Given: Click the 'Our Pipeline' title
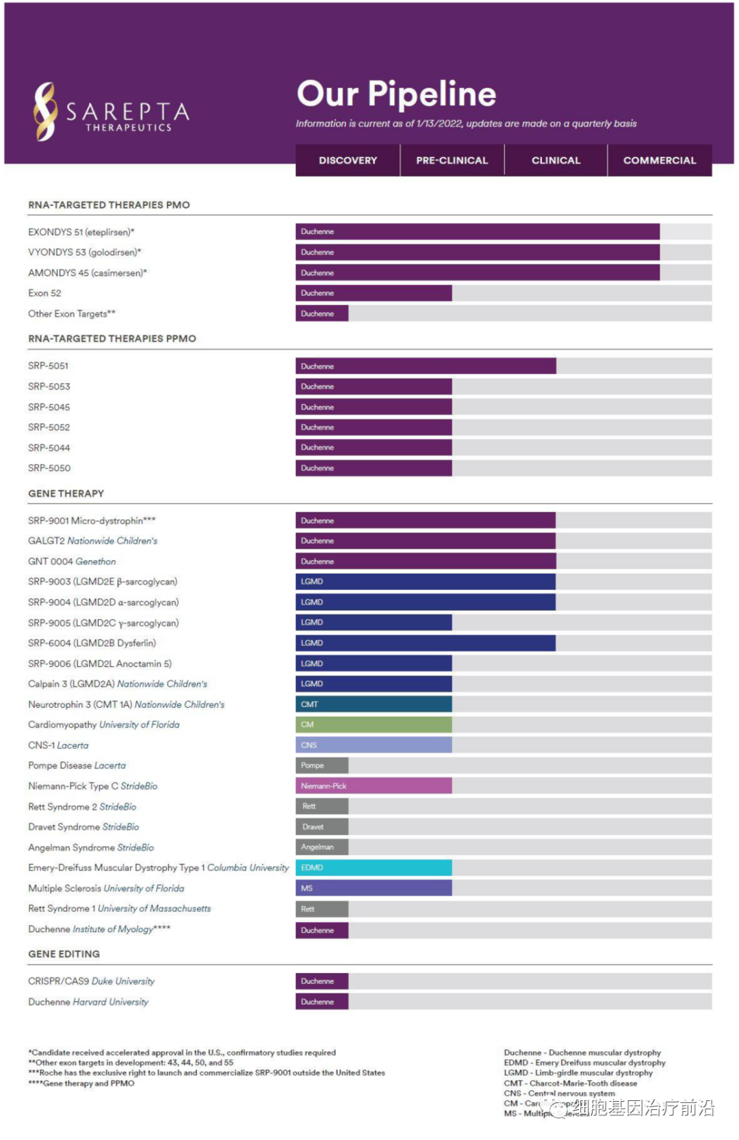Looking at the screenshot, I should coord(396,94).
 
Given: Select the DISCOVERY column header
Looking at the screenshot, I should coord(348,161).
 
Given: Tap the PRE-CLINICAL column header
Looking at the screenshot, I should coord(452,161).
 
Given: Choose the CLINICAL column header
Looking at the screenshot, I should coord(556,161).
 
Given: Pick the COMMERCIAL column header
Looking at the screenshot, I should coord(660,161).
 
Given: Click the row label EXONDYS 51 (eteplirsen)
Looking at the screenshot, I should coord(81,232).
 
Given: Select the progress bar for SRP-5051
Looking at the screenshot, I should coord(426,366).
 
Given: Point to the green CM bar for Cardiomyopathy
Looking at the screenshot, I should coord(374,724).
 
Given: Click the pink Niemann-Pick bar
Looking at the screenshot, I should coord(374,786).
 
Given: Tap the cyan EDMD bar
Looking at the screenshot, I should coord(374,868).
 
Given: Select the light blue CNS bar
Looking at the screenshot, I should coord(374,745).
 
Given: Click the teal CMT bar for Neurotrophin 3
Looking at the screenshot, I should coord(374,704).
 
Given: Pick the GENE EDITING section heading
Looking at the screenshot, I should coord(64,954).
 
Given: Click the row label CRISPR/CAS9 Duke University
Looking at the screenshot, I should coord(91,981).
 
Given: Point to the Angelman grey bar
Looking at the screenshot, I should coord(322,847).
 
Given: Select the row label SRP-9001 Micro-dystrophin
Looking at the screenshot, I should coord(92,520).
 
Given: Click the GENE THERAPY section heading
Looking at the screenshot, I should coord(66,494).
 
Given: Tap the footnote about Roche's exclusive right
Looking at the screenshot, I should coord(207,1073).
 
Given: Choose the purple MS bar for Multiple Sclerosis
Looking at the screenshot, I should coord(374,888).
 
